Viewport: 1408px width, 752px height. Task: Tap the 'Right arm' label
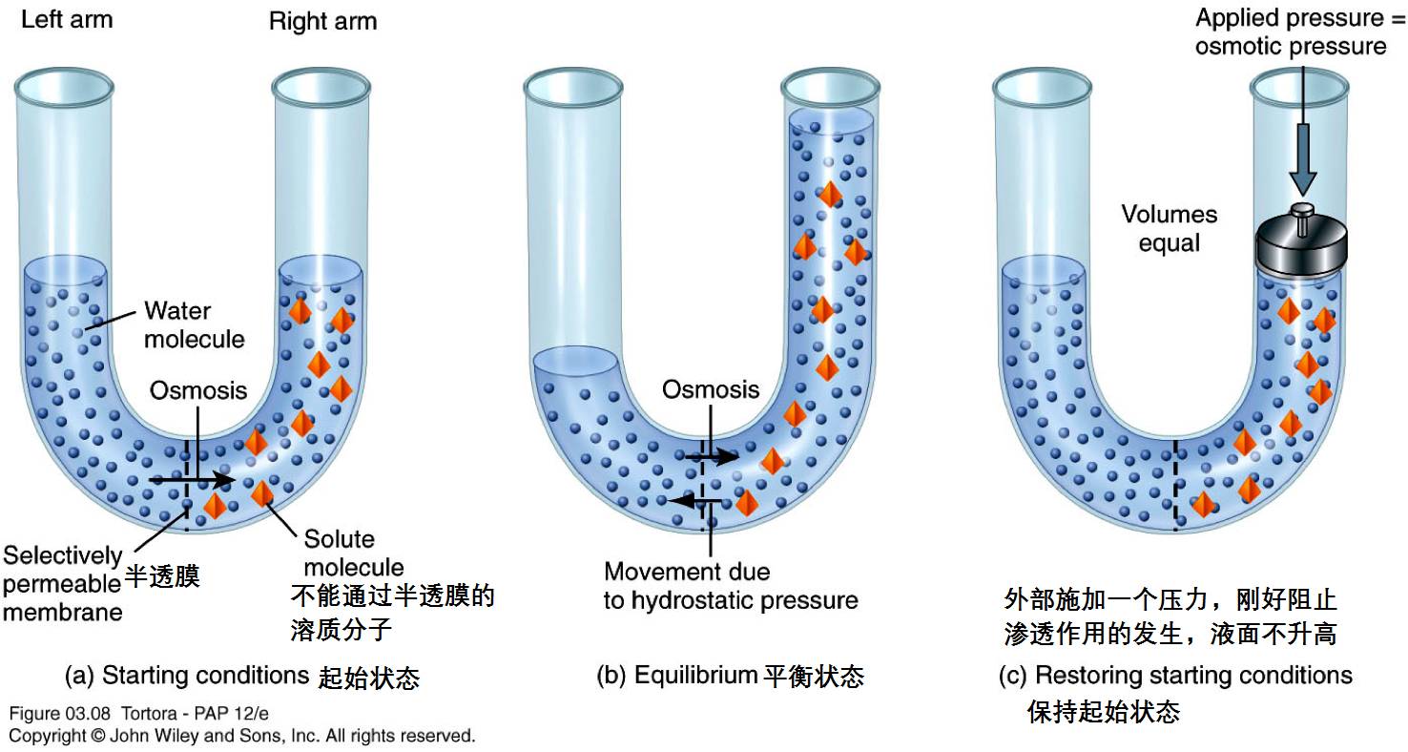(322, 22)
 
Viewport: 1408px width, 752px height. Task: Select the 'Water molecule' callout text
(194, 324)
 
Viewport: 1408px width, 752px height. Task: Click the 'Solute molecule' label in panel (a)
(353, 553)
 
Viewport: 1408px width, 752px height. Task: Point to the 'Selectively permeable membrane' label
(62, 583)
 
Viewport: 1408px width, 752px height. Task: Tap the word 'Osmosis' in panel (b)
(711, 389)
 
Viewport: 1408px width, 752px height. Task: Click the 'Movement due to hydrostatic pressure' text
(731, 586)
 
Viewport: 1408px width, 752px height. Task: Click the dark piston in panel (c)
(1302, 245)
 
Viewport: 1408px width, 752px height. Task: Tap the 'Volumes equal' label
(1169, 229)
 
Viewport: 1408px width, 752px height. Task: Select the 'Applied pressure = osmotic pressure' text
(1291, 31)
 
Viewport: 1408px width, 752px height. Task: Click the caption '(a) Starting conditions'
(187, 676)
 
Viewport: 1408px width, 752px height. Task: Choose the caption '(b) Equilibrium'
(678, 676)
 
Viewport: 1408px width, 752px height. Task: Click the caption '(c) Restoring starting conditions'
(1175, 676)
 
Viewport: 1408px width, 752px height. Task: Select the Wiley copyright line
(241, 736)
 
